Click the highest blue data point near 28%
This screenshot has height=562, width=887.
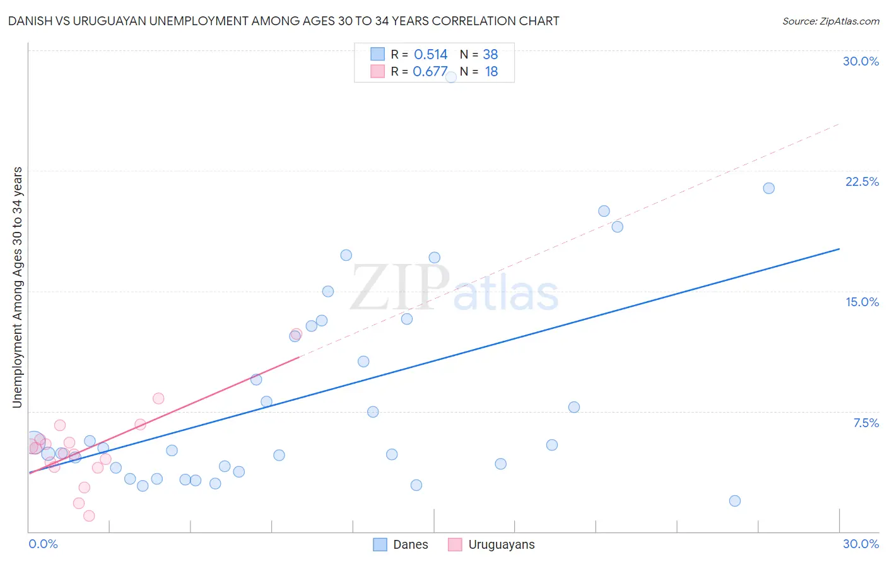pos(451,77)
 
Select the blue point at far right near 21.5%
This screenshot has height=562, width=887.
pos(768,188)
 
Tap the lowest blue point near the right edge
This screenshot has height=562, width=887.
pos(735,501)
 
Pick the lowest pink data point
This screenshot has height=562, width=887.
pos(89,516)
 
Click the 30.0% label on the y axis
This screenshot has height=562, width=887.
pos(861,61)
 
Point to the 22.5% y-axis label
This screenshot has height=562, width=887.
pos(862,181)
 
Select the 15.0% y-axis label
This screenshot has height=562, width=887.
pos(862,302)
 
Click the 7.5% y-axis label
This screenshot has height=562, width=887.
pos(866,423)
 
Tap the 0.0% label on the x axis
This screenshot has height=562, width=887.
pos(43,544)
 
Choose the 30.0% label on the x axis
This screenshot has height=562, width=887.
pos(861,544)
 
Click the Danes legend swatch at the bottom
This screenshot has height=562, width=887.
pos(380,544)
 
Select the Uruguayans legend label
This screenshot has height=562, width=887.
pos(501,544)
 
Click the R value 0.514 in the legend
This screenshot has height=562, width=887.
pos(430,55)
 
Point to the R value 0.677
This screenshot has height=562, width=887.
pos(430,72)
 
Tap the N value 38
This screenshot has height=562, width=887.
pos(490,55)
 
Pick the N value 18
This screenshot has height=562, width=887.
pos(491,72)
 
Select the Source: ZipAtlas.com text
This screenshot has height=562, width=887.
pos(830,21)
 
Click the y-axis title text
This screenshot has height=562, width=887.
pos(18,287)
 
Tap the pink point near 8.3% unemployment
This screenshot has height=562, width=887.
pos(158,398)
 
